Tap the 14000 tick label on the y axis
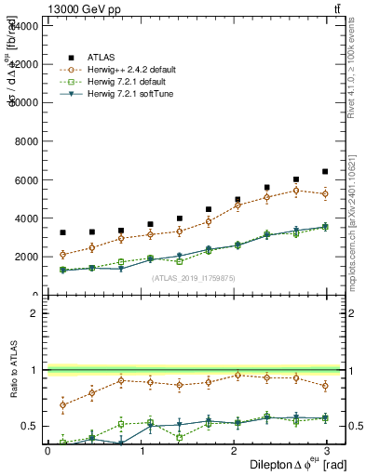[22, 26]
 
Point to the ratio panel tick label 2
[34, 313]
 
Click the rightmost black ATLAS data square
[325, 172]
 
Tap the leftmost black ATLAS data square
[62, 232]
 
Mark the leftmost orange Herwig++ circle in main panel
[62, 255]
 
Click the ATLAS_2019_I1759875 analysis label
[193, 277]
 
